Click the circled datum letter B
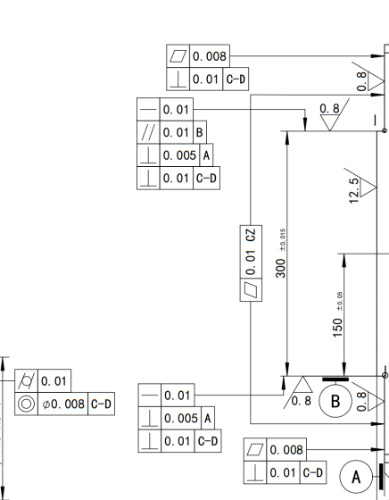point(335,401)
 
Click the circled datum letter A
point(356,477)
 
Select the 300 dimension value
point(281,269)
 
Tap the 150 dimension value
point(337,328)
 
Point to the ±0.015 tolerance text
point(283,240)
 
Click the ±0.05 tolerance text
point(340,301)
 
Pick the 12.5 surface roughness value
point(354,190)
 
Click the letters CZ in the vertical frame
point(251,235)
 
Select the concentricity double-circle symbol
point(26,404)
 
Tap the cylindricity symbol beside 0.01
point(26,381)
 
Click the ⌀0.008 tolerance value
point(63,404)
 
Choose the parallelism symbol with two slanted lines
point(148,132)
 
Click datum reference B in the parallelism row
point(200,132)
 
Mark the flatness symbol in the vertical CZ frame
point(251,290)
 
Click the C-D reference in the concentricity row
point(101,404)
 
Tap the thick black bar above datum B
point(335,379)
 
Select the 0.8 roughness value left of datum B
point(301,401)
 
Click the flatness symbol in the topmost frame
point(178,56)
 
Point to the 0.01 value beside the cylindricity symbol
point(54,381)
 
